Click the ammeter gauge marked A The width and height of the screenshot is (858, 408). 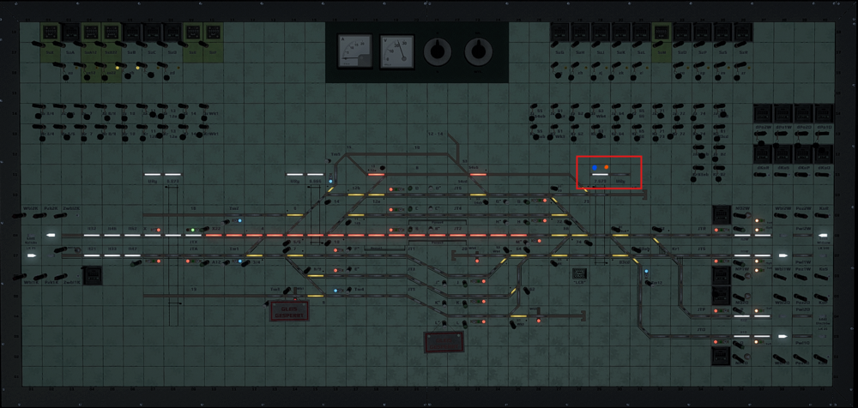click(x=353, y=50)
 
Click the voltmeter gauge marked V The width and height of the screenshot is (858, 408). click(x=396, y=50)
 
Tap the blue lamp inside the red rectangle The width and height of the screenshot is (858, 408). click(x=594, y=166)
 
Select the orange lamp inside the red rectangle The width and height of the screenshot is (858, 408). click(x=607, y=166)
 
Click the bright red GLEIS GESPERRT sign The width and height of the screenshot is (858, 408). click(x=288, y=311)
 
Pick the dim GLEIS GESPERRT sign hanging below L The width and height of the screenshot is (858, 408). click(x=444, y=342)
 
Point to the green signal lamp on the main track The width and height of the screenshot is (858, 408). click(x=194, y=230)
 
